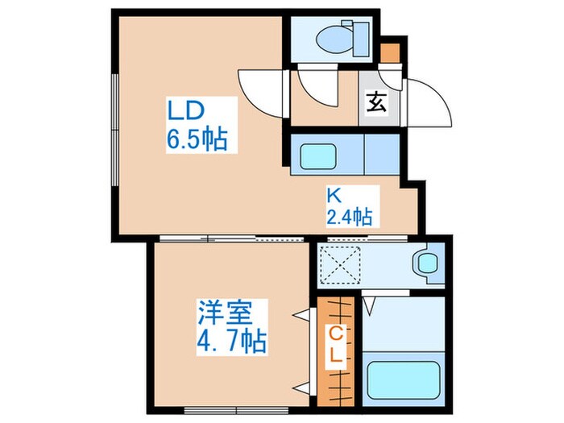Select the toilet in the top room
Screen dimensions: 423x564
tap(338, 37)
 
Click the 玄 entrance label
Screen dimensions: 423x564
tap(375, 102)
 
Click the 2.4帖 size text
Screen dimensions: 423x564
tap(348, 216)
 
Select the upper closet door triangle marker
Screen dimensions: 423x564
tap(305, 314)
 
